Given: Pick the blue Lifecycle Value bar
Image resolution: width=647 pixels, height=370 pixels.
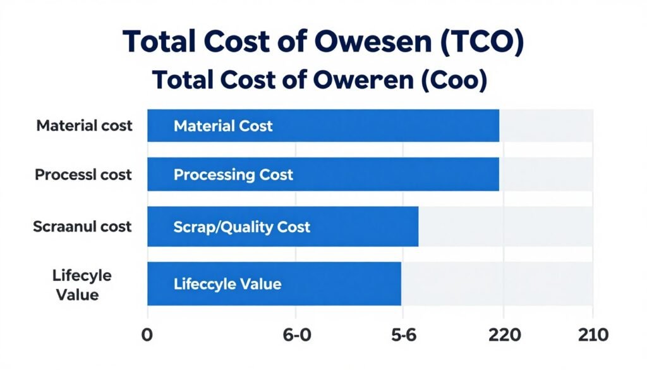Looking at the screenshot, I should point(341,284).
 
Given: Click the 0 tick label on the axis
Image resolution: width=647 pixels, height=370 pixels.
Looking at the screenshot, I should point(147,335).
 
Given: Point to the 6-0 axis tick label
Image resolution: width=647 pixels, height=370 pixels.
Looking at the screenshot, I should point(296,335).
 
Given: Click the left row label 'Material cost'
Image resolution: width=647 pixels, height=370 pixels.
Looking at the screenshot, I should point(84,125).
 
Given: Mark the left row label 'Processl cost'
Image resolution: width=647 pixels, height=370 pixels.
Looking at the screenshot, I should point(83,175).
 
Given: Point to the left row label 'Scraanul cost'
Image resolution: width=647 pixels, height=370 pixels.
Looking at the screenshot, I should point(82,226).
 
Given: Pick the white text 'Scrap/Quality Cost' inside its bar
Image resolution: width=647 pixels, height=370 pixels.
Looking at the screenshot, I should point(241,226).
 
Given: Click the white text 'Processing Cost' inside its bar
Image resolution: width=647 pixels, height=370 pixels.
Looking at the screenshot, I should point(233,175).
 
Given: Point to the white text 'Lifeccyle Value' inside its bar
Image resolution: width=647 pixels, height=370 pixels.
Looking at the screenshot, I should point(227,284).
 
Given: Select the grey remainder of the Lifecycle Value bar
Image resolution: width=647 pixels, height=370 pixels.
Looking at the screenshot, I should point(497,284).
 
